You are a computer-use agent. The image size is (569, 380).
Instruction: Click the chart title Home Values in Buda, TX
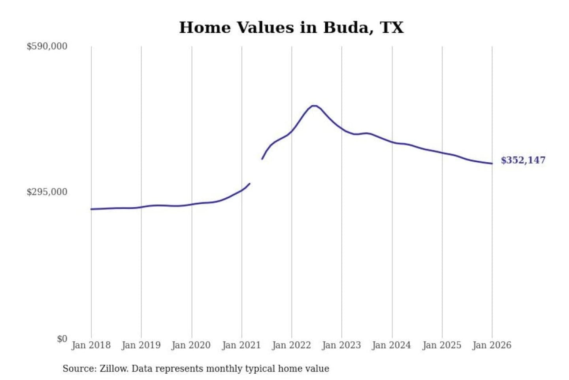tap(291, 28)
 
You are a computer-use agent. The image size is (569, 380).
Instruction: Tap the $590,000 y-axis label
tap(47, 46)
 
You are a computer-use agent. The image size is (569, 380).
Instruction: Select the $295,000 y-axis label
tap(47, 192)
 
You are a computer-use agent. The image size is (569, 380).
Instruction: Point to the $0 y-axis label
tap(62, 339)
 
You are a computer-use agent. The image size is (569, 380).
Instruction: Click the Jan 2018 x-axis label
tap(91, 345)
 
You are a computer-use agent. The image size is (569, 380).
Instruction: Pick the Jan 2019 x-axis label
tap(141, 345)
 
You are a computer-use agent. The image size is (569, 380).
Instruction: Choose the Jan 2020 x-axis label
tap(191, 345)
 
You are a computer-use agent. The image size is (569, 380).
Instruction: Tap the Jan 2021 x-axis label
tap(241, 345)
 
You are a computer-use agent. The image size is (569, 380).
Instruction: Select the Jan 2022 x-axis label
tap(292, 345)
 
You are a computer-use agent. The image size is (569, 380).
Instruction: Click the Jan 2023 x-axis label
tap(341, 345)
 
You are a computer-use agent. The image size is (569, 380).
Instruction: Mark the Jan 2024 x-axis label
tap(392, 345)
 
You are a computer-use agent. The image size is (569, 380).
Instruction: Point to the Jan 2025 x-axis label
tap(442, 345)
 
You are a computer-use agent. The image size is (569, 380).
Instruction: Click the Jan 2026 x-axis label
tap(492, 345)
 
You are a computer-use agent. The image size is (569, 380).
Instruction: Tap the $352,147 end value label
tap(523, 160)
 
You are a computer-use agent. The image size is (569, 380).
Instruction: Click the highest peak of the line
tap(314, 106)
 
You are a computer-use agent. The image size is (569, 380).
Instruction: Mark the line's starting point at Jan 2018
tap(91, 209)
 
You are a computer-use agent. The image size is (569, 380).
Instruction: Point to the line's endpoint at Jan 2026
tap(492, 163)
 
